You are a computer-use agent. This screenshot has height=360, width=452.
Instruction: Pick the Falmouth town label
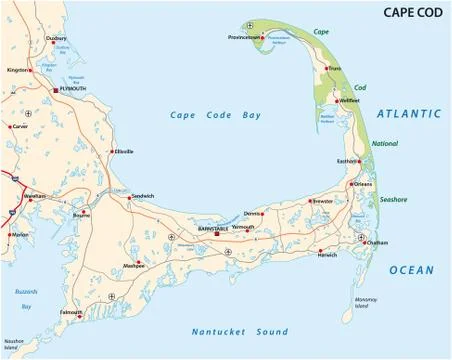[x=71, y=311]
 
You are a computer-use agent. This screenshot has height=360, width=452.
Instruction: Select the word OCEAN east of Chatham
[x=411, y=270]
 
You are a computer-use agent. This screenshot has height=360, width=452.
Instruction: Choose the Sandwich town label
[x=143, y=196]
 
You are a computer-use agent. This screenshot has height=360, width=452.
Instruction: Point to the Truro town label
[x=334, y=69]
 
